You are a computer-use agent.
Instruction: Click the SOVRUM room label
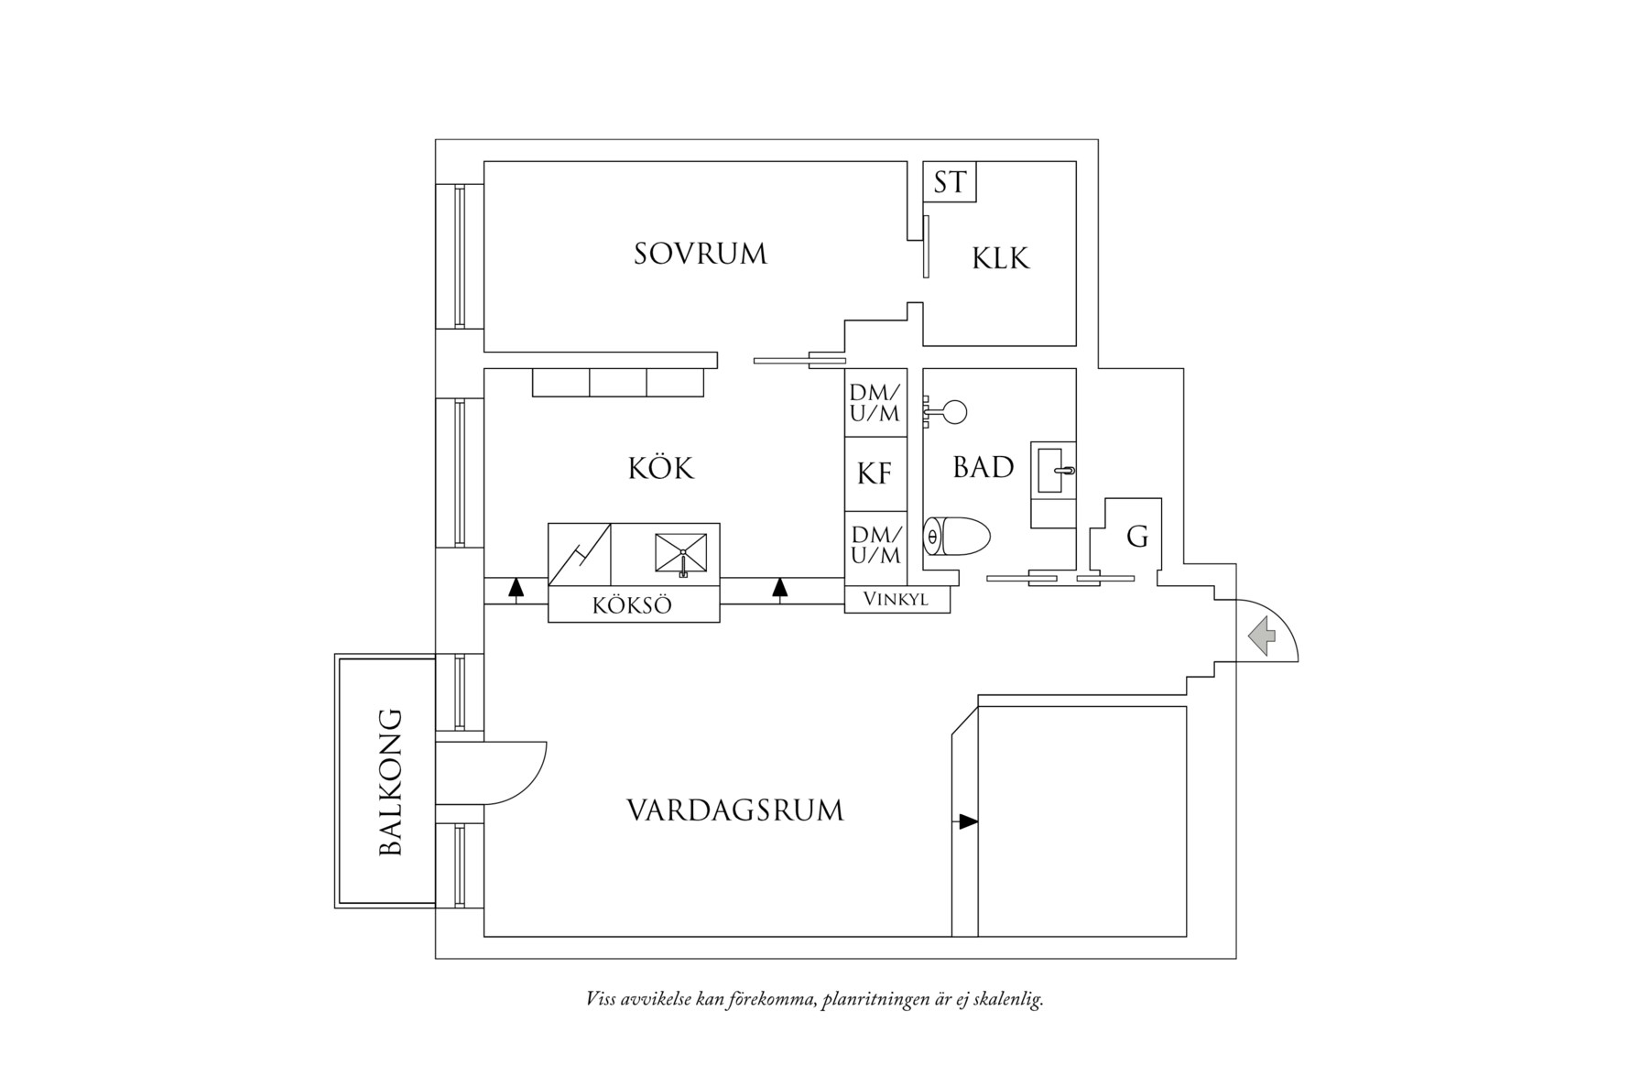pyautogui.click(x=700, y=254)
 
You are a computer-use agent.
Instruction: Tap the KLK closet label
pyautogui.click(x=1000, y=258)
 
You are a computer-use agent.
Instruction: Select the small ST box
pyautogui.click(x=950, y=182)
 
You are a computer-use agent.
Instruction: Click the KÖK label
pyautogui.click(x=660, y=469)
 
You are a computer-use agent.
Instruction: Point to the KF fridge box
pyautogui.click(x=875, y=473)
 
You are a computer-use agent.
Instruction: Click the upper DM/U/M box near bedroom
pyautogui.click(x=875, y=403)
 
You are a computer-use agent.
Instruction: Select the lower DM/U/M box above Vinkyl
pyautogui.click(x=875, y=545)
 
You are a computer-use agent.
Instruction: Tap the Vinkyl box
pyautogui.click(x=896, y=600)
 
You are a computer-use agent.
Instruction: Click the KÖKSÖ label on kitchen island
pyautogui.click(x=632, y=605)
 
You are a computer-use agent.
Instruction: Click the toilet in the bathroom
pyautogui.click(x=957, y=537)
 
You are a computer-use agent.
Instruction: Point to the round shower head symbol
pyautogui.click(x=954, y=412)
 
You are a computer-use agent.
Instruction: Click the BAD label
pyautogui.click(x=983, y=468)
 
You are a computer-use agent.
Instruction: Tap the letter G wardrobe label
pyautogui.click(x=1136, y=537)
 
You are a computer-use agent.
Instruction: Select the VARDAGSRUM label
pyautogui.click(x=734, y=810)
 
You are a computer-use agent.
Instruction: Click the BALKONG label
pyautogui.click(x=391, y=781)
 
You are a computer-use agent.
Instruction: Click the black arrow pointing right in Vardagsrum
pyautogui.click(x=967, y=822)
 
